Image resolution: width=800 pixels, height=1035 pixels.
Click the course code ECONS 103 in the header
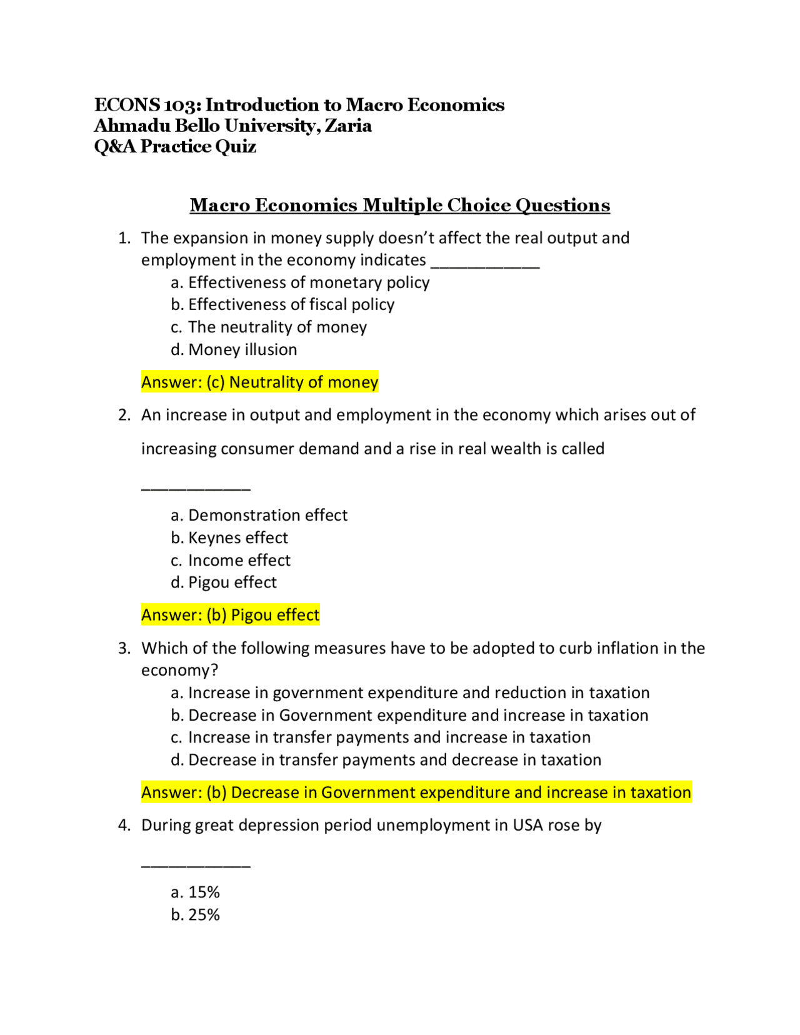tap(147, 105)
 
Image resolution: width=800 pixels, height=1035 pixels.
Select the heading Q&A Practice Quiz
tap(175, 146)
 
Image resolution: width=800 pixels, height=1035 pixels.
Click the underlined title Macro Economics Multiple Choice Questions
tap(400, 205)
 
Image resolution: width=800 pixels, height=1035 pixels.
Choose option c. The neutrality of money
tap(269, 327)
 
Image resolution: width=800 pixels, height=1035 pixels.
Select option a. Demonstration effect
tap(259, 515)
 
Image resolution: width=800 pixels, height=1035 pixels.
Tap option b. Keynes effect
tap(229, 537)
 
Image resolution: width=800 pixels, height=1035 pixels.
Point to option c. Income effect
tap(231, 560)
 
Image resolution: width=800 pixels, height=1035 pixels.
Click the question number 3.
tap(124, 648)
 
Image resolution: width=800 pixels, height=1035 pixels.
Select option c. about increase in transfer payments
tap(381, 737)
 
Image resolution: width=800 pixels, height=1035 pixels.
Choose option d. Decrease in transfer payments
tap(386, 760)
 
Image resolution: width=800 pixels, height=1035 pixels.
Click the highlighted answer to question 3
tap(416, 792)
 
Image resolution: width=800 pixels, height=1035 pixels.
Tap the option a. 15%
tap(196, 892)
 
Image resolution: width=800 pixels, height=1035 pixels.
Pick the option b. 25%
tap(196, 914)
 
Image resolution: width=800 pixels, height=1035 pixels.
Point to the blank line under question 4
tap(196, 865)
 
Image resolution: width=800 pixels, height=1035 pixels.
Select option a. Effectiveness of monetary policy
tap(301, 282)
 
